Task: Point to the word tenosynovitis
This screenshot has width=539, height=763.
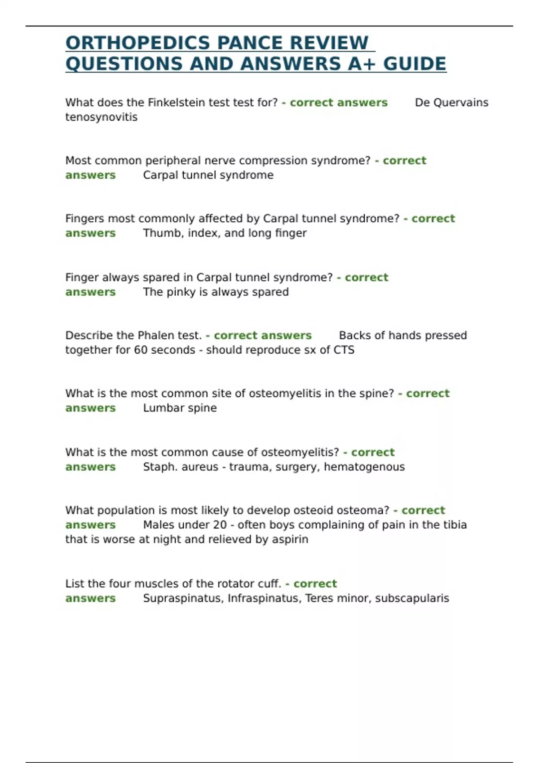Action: coord(102,117)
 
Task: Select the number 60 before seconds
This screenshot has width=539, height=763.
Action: coord(141,350)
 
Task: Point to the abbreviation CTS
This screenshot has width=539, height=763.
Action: coord(344,350)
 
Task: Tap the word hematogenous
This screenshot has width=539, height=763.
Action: coord(364,467)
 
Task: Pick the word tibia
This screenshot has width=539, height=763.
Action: coord(455,525)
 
